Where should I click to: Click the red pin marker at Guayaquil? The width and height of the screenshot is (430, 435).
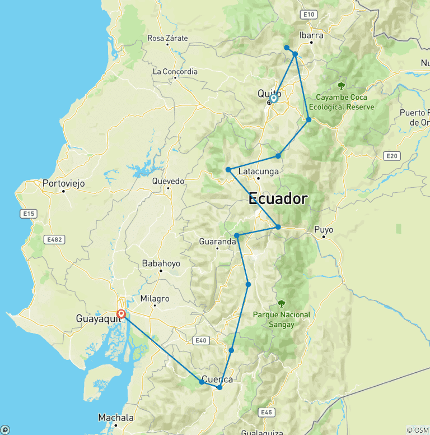pos(121,314)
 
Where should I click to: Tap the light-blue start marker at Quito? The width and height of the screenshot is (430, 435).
pos(273,98)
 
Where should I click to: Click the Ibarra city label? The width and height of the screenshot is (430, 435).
pos(311,35)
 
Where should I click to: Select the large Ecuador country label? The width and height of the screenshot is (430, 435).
pos(278,198)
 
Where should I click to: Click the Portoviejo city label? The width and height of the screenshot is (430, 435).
pos(63,183)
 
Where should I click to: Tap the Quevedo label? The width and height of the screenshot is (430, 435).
pos(168,181)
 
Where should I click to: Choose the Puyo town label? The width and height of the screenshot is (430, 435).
pos(324,229)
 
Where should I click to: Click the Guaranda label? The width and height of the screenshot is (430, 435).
pos(217,242)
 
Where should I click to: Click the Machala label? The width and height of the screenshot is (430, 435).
pos(116,418)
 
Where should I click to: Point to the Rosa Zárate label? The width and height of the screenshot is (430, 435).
pos(167,38)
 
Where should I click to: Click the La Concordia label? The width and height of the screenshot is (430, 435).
pos(175,71)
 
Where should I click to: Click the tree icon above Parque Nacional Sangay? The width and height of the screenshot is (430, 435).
pos(281,303)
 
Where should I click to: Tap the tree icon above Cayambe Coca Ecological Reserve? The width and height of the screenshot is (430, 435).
pos(341,85)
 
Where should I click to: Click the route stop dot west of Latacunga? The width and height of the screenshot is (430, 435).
pos(228,169)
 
